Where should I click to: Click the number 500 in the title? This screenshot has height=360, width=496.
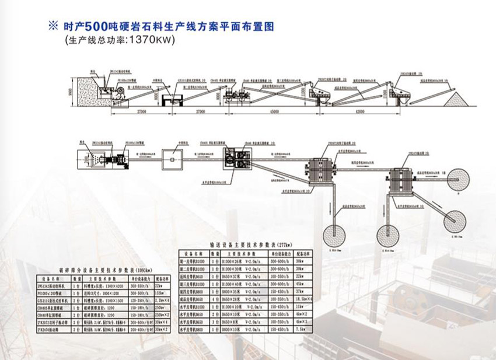coord(96,27)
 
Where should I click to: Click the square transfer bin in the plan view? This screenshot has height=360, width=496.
coord(174,156)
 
